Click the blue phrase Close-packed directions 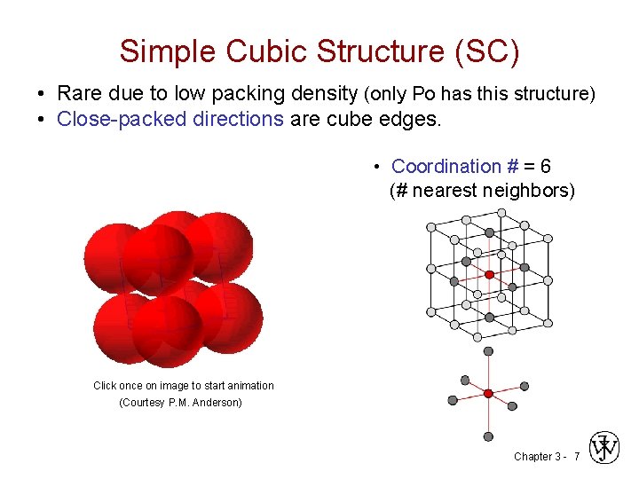169,118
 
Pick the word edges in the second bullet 414,118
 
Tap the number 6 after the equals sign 544,166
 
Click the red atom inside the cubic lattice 489,275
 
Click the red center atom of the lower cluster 488,393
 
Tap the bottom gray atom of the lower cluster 488,436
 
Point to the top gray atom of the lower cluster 488,351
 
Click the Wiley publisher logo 604,448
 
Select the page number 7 576,456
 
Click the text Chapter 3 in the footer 536,456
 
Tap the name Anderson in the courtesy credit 223,403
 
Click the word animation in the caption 250,385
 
